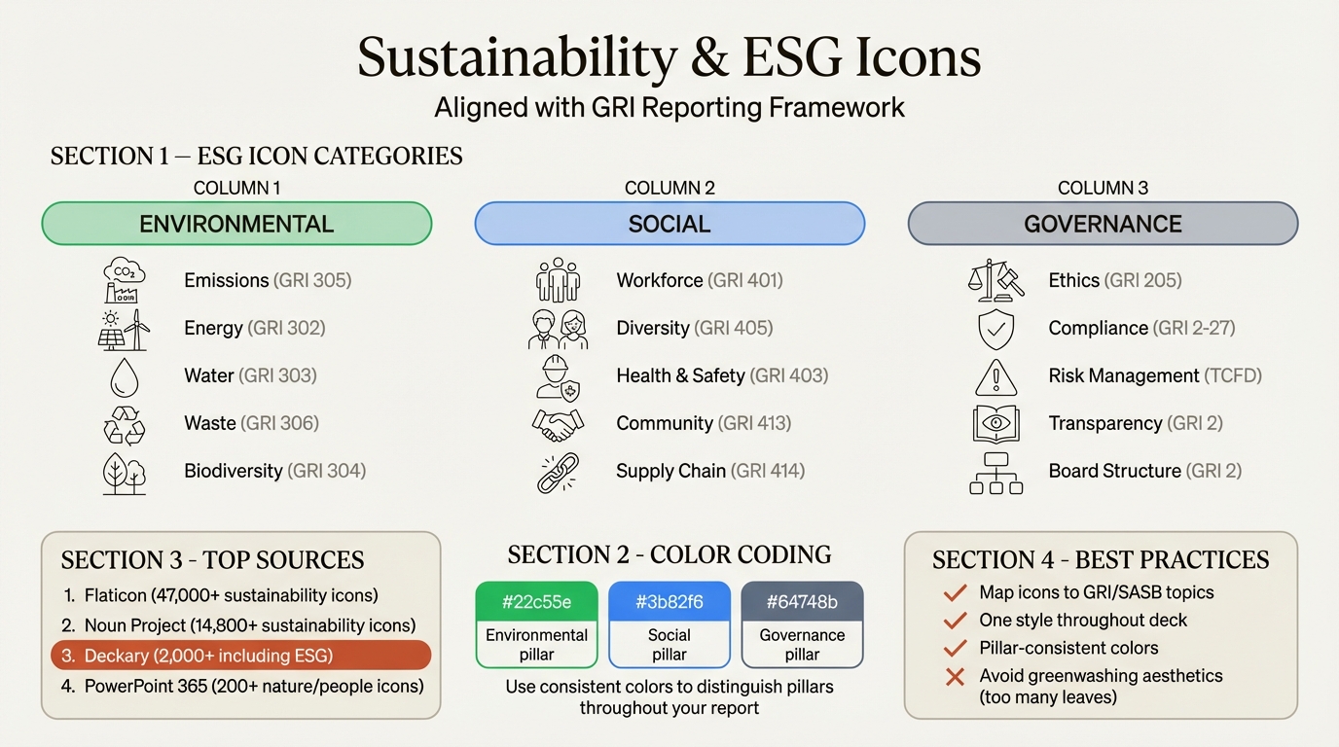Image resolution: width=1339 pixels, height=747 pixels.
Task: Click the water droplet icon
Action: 125,377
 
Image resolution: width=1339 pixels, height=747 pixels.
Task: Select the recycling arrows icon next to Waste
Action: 125,425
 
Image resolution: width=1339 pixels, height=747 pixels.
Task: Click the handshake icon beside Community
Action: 558,424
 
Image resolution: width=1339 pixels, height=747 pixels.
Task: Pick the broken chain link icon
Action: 558,472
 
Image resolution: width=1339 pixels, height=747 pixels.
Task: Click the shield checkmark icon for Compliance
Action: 995,329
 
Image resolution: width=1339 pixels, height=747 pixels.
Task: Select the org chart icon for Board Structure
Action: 995,473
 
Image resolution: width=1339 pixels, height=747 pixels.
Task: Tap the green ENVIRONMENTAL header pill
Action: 236,224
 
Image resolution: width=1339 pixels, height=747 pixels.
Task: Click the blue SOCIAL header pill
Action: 669,224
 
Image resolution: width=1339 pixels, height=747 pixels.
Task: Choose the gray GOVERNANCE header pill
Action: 1103,224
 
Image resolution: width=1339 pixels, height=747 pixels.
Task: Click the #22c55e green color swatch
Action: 536,602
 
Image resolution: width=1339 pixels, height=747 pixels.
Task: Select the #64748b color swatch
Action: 802,602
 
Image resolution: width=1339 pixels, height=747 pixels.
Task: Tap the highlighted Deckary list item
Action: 240,656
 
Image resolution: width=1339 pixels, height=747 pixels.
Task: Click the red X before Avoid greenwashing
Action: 956,676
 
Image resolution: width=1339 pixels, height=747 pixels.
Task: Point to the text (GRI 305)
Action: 312,280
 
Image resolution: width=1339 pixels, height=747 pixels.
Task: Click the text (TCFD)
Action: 1233,375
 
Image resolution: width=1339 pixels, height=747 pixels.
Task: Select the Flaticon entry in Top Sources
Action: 231,595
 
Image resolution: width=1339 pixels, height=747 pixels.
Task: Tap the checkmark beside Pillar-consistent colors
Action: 956,648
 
